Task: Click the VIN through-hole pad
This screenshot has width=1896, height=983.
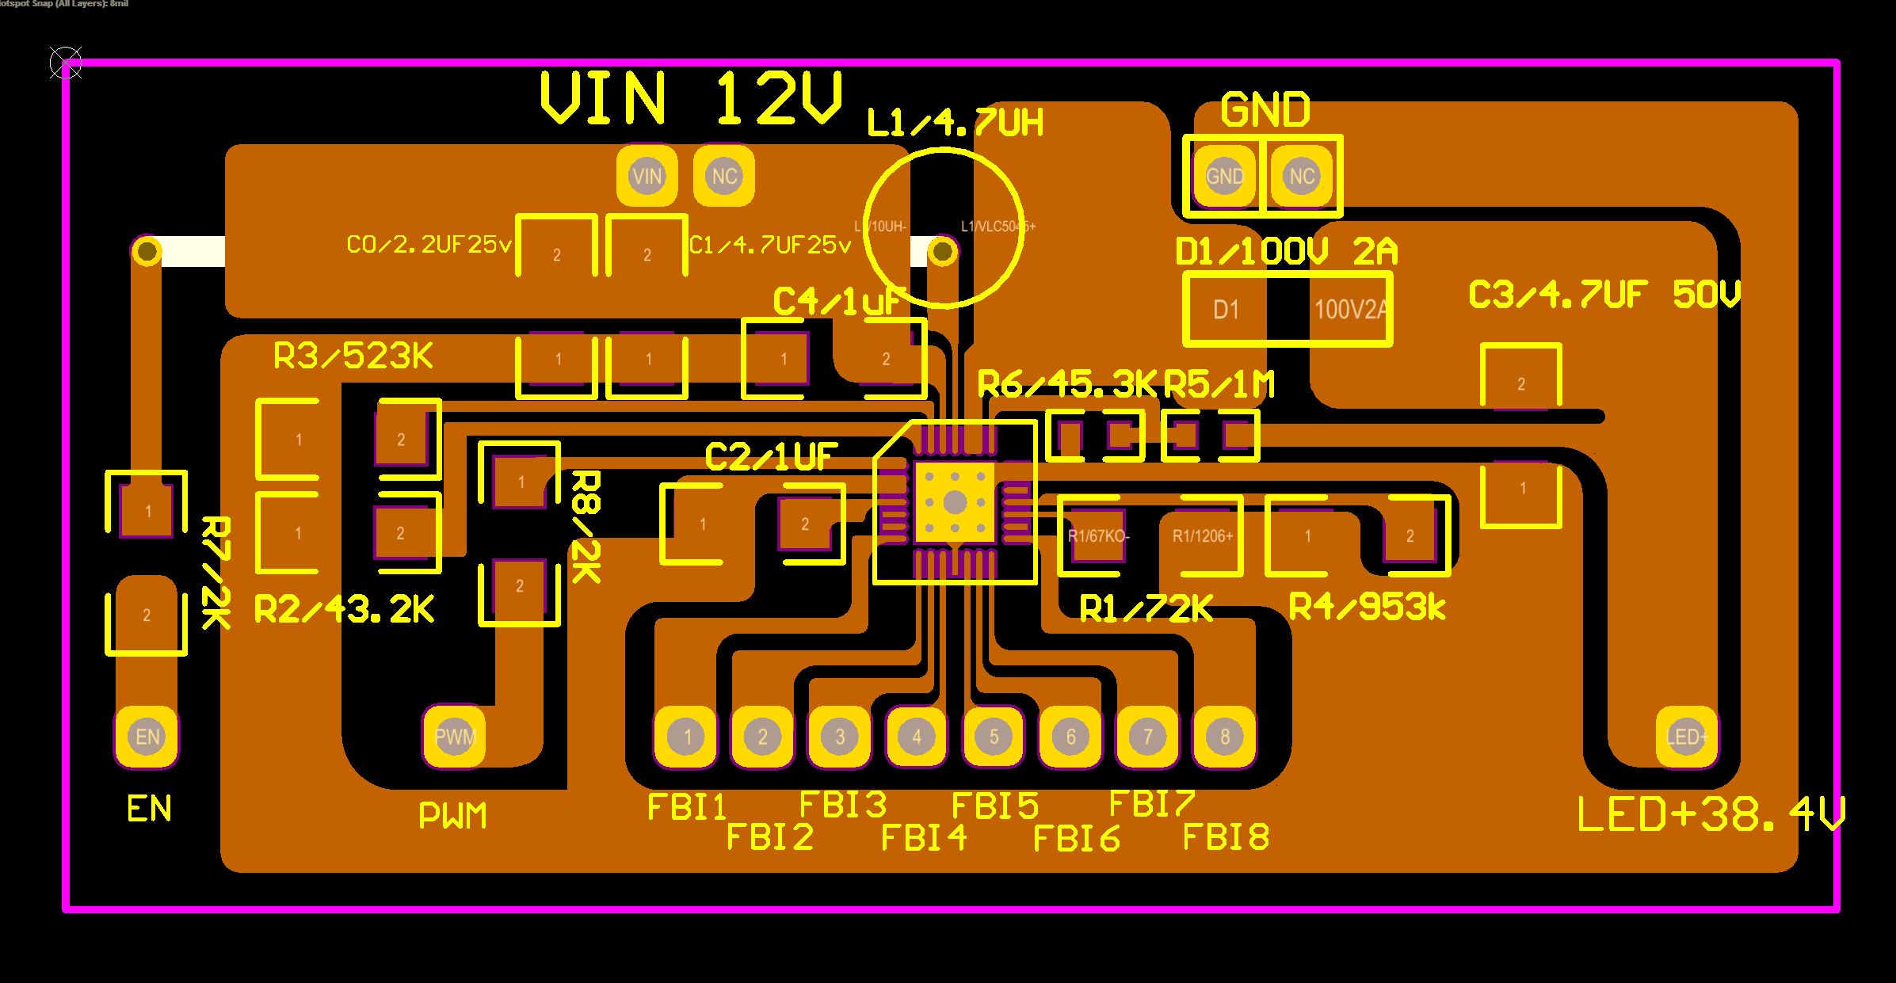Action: pos(647,176)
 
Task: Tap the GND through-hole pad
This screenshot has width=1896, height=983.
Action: pos(1224,176)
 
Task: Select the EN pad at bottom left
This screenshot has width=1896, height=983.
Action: pos(147,737)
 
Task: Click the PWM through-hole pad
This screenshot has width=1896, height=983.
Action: pos(455,737)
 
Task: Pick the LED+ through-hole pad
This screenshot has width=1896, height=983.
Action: pos(1687,737)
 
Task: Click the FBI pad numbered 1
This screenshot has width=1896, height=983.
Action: pos(686,737)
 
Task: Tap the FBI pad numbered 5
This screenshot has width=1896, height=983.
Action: pos(994,737)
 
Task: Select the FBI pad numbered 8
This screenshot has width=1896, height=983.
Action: pos(1224,737)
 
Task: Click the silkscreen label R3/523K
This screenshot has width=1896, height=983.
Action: pos(353,356)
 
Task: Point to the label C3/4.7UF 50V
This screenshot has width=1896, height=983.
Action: pos(1604,295)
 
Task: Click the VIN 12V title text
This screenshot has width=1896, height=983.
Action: pos(689,99)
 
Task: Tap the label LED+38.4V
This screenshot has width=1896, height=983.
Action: pos(1711,815)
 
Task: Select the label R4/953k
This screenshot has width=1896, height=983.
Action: pos(1368,608)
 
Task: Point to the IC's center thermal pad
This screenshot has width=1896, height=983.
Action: pos(955,502)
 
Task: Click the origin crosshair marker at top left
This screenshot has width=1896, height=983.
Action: pos(65,63)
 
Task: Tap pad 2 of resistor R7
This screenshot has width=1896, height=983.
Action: pos(147,615)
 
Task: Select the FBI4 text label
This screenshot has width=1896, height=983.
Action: pos(924,836)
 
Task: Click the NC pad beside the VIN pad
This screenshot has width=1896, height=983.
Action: pos(724,176)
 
